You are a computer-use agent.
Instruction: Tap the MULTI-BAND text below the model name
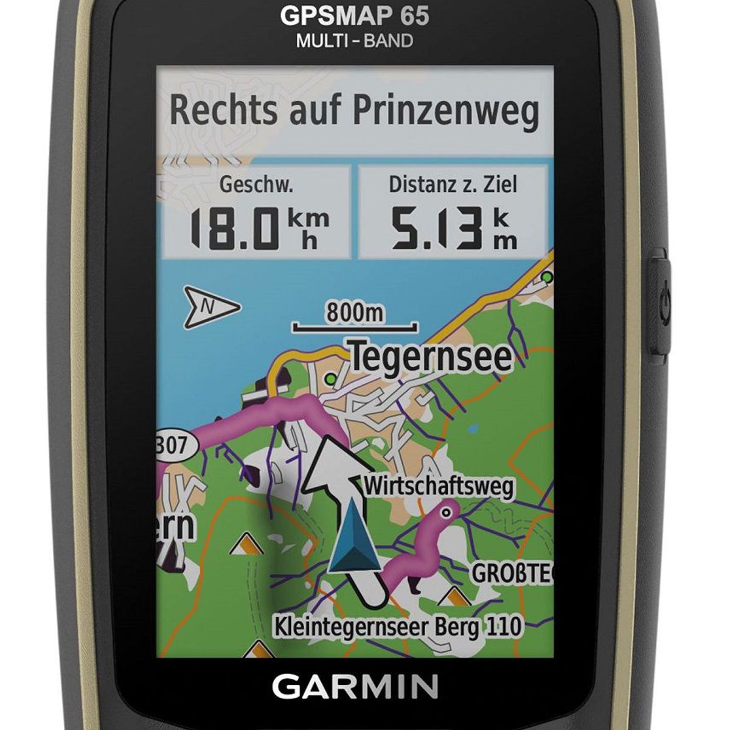pos(354,41)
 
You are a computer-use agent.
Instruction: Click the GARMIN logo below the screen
pos(355,687)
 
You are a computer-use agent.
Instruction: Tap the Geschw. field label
pos(256,184)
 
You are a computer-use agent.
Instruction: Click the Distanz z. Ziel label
pos(453,184)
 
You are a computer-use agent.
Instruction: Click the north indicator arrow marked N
pos(211,305)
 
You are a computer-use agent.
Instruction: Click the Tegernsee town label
pos(430,357)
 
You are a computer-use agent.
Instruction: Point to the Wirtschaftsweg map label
pos(439,487)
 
